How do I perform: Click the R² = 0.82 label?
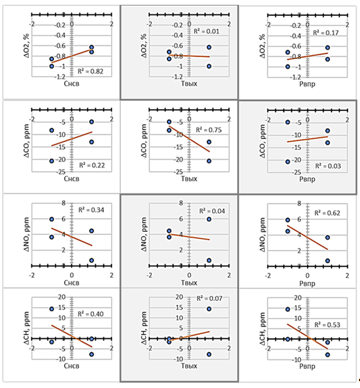[91, 71]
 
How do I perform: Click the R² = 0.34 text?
[91, 210]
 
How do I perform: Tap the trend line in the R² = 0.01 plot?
[189, 56]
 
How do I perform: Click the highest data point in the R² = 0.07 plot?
[209, 309]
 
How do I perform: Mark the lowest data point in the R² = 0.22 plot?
[51, 161]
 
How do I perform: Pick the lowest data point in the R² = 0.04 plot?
[209, 260]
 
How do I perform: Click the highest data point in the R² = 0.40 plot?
[51, 309]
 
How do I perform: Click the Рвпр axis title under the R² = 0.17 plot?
[307, 90]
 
